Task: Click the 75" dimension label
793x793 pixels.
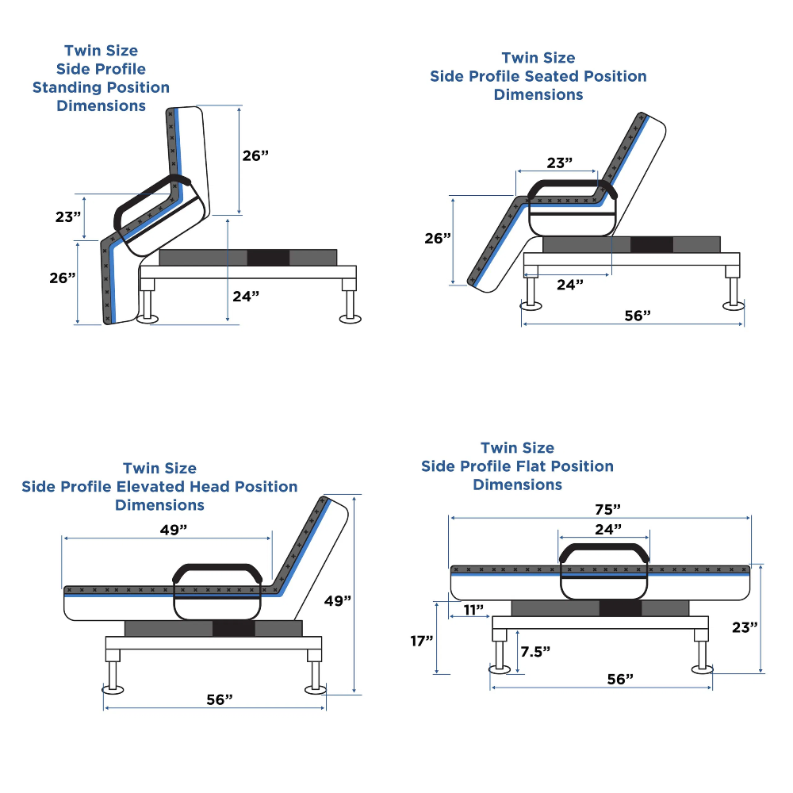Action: pos(607,509)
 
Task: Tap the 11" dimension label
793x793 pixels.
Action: pos(473,610)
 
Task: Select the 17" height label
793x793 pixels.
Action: pos(422,641)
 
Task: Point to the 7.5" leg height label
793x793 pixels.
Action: pos(535,651)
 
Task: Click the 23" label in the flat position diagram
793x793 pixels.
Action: pos(745,627)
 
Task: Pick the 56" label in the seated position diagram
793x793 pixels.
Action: pos(638,316)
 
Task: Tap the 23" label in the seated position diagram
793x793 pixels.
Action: pos(559,163)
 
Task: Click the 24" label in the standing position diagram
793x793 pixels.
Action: pos(246,296)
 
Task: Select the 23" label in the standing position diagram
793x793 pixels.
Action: pos(68,216)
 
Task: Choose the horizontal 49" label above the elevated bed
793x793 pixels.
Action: pos(174,530)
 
